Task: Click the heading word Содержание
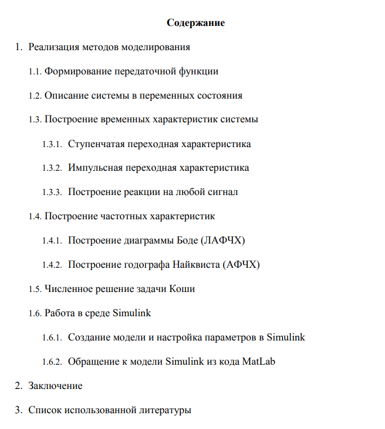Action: coord(196,23)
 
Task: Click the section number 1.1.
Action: coord(35,72)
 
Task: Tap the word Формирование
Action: coord(78,72)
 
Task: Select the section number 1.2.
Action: coord(35,96)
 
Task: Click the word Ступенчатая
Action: coord(97,144)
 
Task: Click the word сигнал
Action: coord(223,192)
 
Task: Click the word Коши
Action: coord(183,289)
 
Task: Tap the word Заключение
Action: coord(55,386)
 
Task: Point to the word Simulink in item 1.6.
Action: coord(132,313)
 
